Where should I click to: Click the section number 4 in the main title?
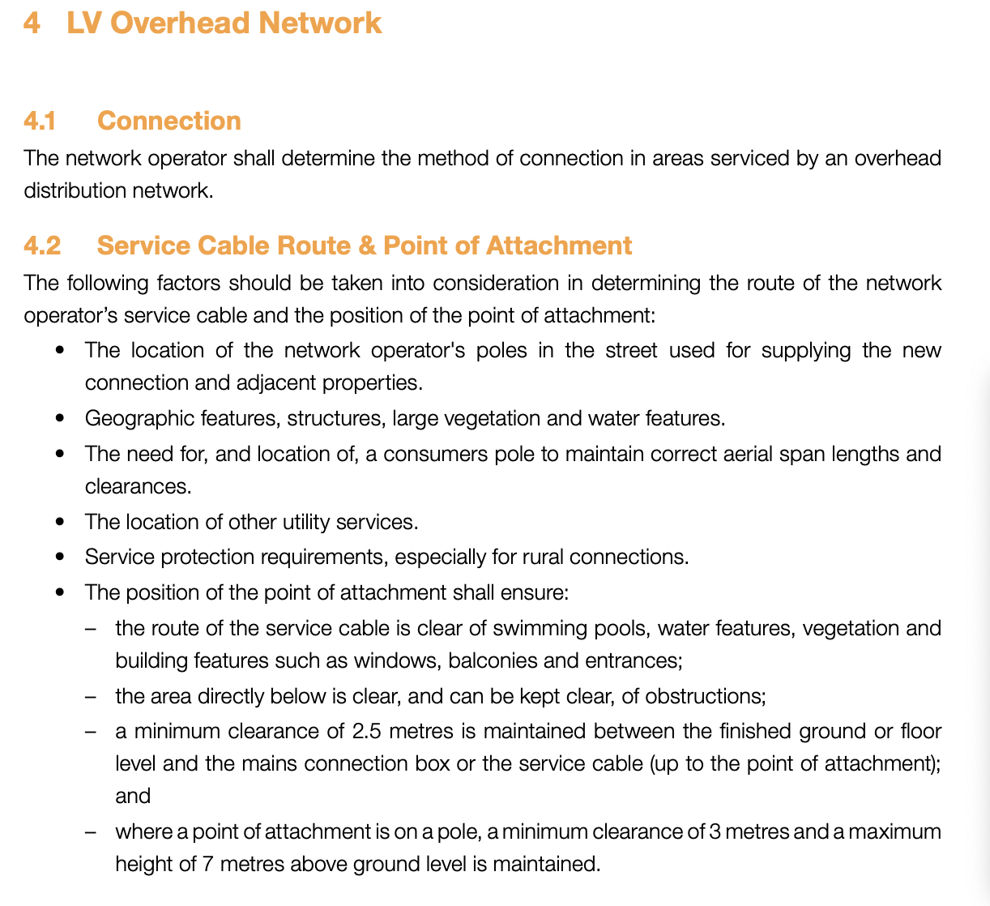(x=32, y=23)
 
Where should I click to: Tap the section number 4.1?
(x=40, y=121)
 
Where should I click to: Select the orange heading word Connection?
(x=169, y=121)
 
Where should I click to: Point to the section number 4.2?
(x=42, y=246)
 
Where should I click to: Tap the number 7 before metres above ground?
(x=208, y=865)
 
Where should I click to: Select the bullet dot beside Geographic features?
(x=59, y=419)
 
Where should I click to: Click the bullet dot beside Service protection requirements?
(x=59, y=558)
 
